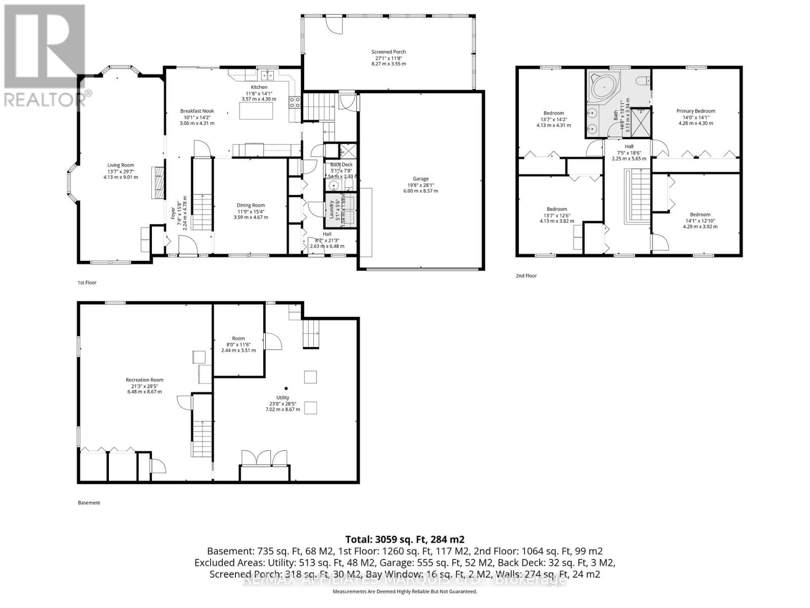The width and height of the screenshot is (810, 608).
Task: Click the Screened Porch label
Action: (388, 52)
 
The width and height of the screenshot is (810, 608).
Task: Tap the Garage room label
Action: (420, 179)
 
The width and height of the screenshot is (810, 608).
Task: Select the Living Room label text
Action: (120, 165)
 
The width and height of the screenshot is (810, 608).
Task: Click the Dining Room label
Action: (251, 206)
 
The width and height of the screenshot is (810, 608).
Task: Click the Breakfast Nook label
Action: (197, 111)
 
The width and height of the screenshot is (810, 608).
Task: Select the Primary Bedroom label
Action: (696, 111)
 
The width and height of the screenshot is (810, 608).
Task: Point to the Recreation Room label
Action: (145, 380)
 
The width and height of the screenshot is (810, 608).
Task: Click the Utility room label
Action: (282, 398)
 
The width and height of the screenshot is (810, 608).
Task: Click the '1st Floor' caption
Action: (87, 283)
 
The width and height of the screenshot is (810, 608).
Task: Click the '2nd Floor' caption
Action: (526, 276)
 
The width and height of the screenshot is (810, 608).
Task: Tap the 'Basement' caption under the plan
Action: (89, 503)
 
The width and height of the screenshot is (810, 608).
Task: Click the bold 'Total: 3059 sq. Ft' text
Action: (404, 539)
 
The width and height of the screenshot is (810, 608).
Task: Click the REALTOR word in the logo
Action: (45, 98)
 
